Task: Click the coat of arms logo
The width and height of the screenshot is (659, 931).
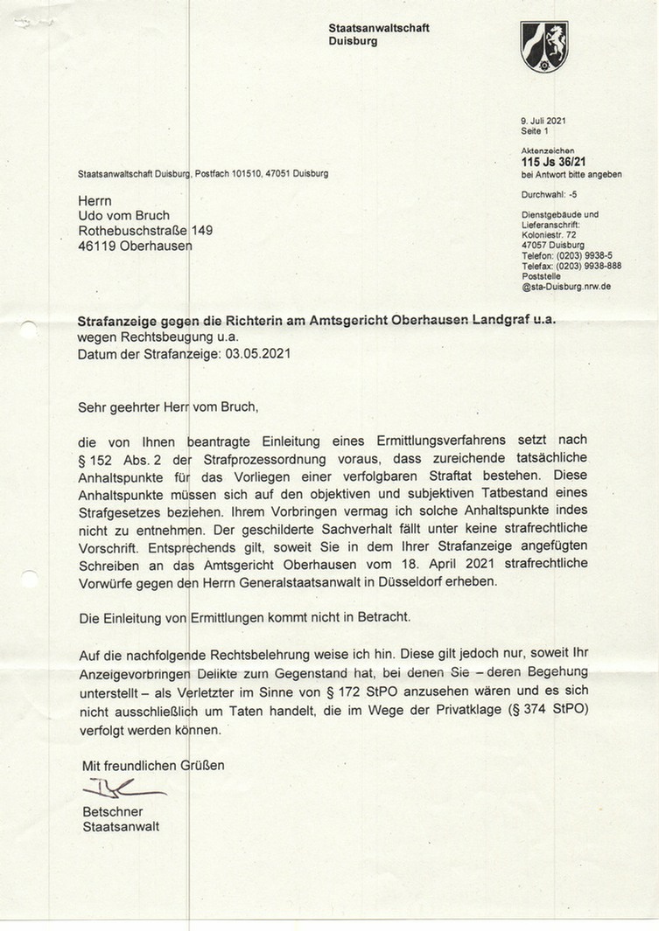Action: point(543,47)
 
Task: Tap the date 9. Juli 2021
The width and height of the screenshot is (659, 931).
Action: point(543,120)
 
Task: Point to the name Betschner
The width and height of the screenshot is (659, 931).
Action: point(112,811)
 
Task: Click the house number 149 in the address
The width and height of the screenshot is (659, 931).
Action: point(202,230)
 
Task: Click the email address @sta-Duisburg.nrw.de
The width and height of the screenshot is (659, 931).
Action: point(565,286)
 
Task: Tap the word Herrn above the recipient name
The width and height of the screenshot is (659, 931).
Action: point(95,200)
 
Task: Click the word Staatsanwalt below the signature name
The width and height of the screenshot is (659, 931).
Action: point(122,826)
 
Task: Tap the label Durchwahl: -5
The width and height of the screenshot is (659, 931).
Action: point(543,195)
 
